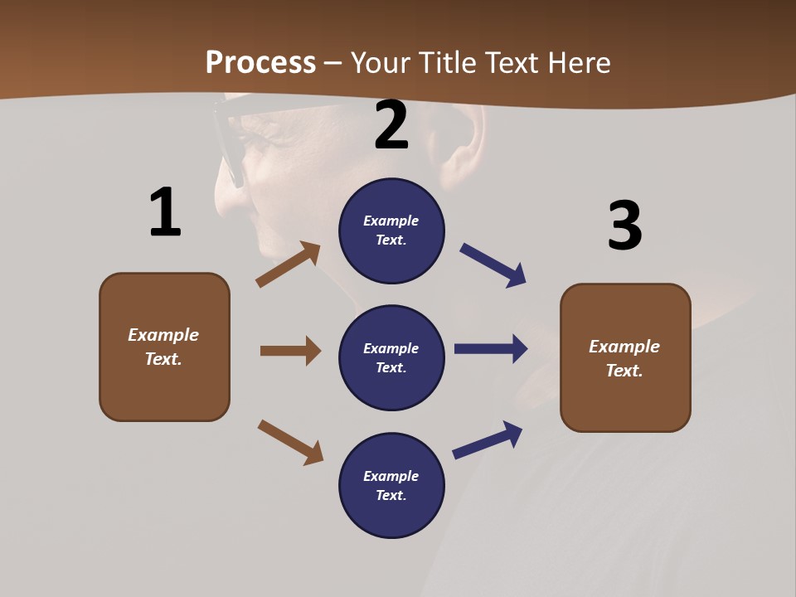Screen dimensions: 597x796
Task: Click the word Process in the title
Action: point(260,63)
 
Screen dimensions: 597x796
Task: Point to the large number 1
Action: point(165,213)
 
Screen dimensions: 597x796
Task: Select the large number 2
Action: point(391,125)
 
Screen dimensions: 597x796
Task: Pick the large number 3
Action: point(624,226)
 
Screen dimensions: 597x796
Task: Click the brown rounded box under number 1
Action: point(164,347)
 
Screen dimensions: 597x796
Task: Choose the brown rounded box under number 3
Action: point(625,357)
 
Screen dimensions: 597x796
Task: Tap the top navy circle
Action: point(391,231)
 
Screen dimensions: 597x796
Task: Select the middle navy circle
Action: point(391,357)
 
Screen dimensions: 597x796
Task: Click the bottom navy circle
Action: point(391,485)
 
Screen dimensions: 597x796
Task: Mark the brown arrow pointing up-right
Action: point(288,265)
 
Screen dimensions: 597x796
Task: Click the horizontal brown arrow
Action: point(290,351)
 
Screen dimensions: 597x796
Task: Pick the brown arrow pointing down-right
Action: point(290,442)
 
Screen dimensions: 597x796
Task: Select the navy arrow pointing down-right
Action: point(493,265)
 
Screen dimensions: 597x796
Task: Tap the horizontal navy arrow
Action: point(491,349)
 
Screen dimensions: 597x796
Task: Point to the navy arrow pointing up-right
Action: point(488,440)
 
